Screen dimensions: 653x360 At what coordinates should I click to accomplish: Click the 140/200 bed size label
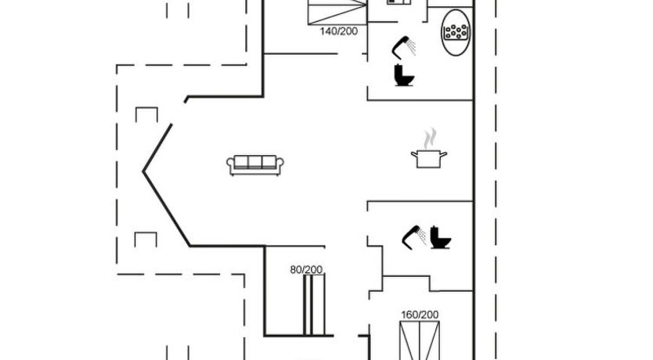(338, 31)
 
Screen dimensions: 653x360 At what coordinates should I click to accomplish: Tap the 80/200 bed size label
(306, 270)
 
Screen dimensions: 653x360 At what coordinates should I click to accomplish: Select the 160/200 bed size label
(420, 315)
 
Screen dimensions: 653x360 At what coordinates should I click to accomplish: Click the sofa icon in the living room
(255, 165)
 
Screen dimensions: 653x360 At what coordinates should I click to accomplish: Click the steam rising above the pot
(430, 139)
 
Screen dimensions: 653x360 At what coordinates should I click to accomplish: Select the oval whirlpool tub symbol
(456, 32)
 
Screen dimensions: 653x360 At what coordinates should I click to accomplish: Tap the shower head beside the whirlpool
(404, 48)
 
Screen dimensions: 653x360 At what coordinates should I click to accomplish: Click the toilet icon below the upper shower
(404, 75)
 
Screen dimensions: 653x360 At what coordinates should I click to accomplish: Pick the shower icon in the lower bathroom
(414, 238)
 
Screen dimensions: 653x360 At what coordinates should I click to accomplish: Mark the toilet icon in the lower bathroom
(441, 238)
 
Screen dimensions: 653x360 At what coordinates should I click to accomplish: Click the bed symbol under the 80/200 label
(314, 304)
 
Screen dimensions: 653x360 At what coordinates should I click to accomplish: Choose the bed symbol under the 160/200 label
(420, 340)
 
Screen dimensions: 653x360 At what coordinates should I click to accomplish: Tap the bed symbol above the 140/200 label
(337, 13)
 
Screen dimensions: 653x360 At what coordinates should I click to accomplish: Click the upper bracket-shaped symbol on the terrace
(146, 114)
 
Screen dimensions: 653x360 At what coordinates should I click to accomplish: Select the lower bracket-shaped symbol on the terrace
(146, 239)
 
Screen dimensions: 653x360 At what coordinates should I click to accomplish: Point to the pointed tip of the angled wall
(143, 171)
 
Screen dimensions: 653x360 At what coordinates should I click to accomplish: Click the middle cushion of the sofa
(255, 162)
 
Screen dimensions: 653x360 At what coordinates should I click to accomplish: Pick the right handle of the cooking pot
(444, 154)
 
